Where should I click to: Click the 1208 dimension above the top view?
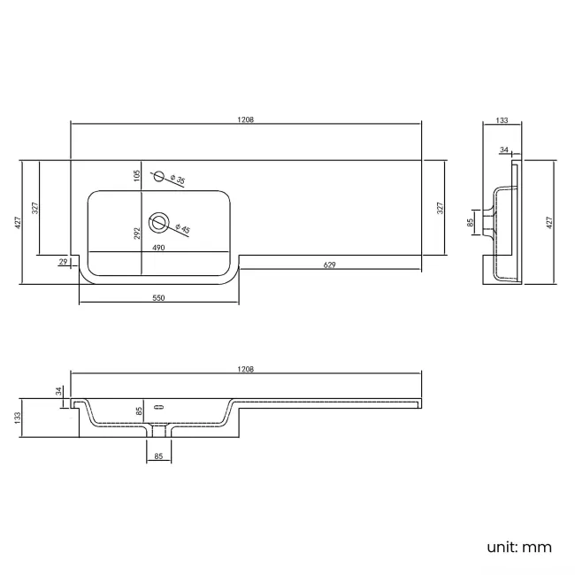pyautogui.click(x=246, y=120)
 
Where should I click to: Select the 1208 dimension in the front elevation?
pyautogui.click(x=246, y=369)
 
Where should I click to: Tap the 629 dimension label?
pyautogui.click(x=329, y=264)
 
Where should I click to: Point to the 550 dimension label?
pyautogui.click(x=158, y=299)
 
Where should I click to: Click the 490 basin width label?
pyautogui.click(x=159, y=249)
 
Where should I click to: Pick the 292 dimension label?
pyautogui.click(x=137, y=234)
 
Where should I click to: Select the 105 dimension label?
pyautogui.click(x=137, y=175)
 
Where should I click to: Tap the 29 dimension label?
pyautogui.click(x=63, y=262)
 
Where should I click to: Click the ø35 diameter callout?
pyautogui.click(x=179, y=180)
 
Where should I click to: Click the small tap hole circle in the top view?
pyautogui.click(x=159, y=176)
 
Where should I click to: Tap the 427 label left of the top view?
pyautogui.click(x=16, y=223)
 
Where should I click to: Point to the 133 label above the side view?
pyautogui.click(x=502, y=120)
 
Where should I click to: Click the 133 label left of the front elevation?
pyautogui.click(x=16, y=418)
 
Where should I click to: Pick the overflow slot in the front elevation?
pyautogui.click(x=160, y=407)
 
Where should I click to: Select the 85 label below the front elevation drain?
pyautogui.click(x=158, y=457)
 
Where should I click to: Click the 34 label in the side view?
pyautogui.click(x=504, y=150)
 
